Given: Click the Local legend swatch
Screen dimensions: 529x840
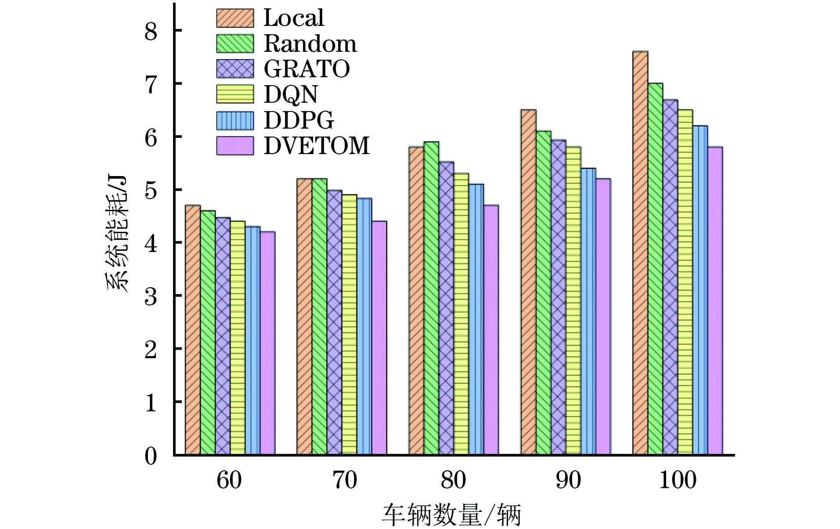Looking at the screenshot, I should tap(235, 18).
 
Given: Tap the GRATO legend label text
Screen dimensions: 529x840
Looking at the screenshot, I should tap(306, 69).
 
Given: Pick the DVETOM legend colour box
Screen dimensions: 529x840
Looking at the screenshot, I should tap(235, 146).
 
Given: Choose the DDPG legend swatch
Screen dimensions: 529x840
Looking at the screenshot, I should tap(235, 120).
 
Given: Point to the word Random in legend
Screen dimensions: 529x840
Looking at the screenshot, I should tap(310, 43).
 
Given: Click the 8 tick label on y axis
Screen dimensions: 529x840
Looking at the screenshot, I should tap(151, 32).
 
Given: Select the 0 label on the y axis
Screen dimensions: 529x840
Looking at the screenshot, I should tap(151, 457).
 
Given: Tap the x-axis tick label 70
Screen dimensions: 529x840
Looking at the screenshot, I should tap(345, 480).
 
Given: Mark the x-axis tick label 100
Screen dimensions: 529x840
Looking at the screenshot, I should tap(678, 480).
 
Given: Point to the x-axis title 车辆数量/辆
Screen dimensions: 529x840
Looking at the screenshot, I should tap(451, 515).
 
